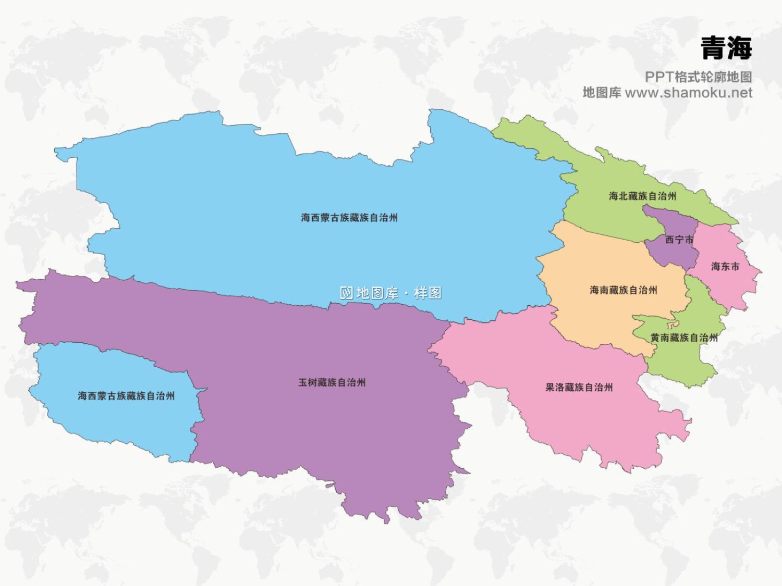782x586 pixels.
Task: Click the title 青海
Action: pyautogui.click(x=726, y=48)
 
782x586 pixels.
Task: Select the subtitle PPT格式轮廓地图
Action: pyautogui.click(x=698, y=77)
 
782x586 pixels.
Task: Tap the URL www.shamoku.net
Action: pyautogui.click(x=688, y=93)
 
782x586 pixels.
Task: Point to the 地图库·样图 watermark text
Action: pyautogui.click(x=399, y=293)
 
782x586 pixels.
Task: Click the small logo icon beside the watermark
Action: pyautogui.click(x=347, y=293)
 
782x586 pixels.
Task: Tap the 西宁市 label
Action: pyautogui.click(x=679, y=240)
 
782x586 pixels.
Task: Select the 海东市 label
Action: pyautogui.click(x=725, y=267)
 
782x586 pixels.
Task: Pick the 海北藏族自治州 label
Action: pyautogui.click(x=642, y=196)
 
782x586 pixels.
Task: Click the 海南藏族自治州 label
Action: pyautogui.click(x=623, y=290)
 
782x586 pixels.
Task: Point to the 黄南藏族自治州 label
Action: pyautogui.click(x=684, y=338)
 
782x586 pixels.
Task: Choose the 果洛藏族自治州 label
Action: pyautogui.click(x=579, y=388)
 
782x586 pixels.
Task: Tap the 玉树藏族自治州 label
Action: pyautogui.click(x=332, y=383)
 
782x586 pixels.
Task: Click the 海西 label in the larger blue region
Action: pyautogui.click(x=349, y=218)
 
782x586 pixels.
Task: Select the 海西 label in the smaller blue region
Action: pyautogui.click(x=126, y=396)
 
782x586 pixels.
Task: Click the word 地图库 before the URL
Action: pyautogui.click(x=602, y=93)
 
